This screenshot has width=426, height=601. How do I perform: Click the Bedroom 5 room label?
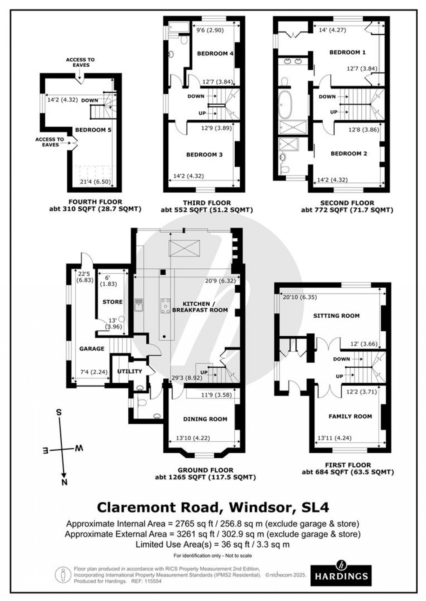(x=93, y=130)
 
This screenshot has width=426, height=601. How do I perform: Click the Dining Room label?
(x=205, y=419)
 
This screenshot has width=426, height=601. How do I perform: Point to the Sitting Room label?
(x=336, y=316)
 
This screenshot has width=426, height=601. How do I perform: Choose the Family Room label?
(x=350, y=416)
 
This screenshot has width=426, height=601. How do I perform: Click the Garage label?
(x=91, y=349)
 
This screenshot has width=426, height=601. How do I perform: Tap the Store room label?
(x=112, y=302)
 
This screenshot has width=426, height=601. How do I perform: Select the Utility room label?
(x=129, y=371)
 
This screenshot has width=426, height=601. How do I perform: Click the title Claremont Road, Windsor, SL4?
(x=213, y=508)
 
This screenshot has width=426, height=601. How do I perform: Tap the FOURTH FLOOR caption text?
(x=96, y=202)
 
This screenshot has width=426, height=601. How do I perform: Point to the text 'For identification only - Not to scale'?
(x=213, y=556)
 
